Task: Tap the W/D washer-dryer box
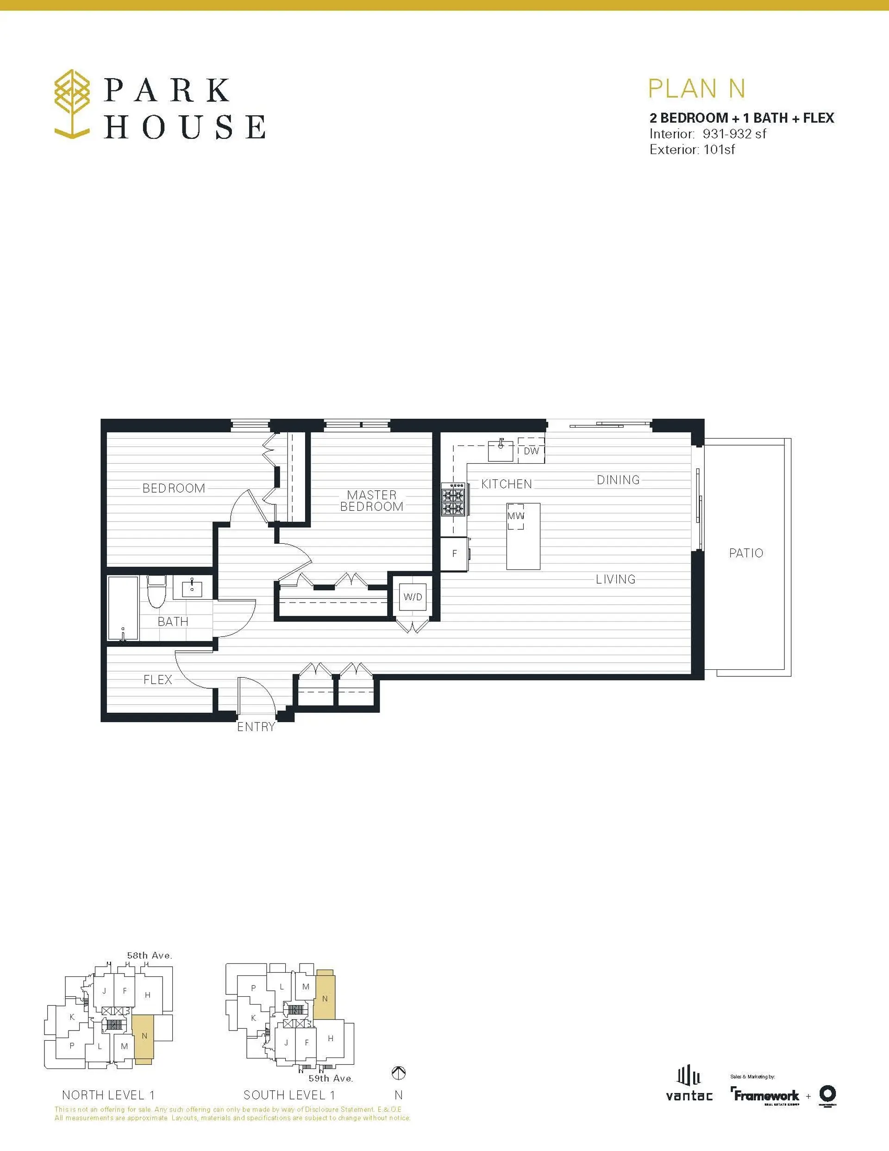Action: [413, 597]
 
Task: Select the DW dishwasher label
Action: [531, 451]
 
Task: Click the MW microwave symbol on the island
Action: [516, 516]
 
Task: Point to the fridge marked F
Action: [454, 553]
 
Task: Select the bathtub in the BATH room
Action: [123, 608]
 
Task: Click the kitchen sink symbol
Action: [501, 451]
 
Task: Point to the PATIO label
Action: [745, 553]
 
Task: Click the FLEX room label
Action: [157, 679]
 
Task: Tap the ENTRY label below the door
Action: [256, 727]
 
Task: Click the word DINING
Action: [618, 480]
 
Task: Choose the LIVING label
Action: [615, 579]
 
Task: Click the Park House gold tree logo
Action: [72, 104]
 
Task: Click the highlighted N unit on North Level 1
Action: [144, 1036]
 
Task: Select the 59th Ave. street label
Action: [331, 1078]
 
